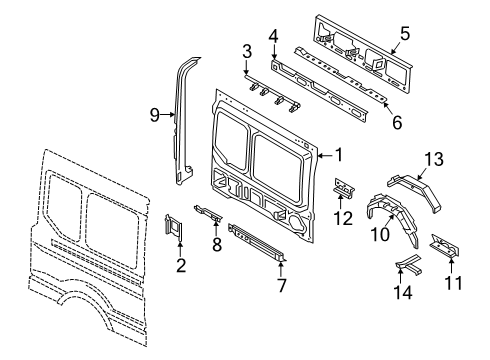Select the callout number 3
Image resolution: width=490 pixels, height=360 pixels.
tap(246, 50)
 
